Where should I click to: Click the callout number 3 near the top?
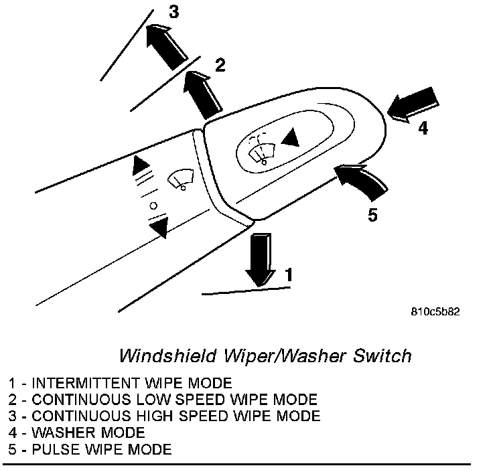(x=173, y=12)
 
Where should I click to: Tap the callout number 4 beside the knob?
(x=423, y=128)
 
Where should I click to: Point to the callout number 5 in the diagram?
(x=373, y=215)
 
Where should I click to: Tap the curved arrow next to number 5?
(x=361, y=181)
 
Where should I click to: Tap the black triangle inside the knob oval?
(x=289, y=139)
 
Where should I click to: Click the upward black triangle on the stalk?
(x=141, y=165)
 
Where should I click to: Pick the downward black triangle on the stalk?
(x=158, y=229)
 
